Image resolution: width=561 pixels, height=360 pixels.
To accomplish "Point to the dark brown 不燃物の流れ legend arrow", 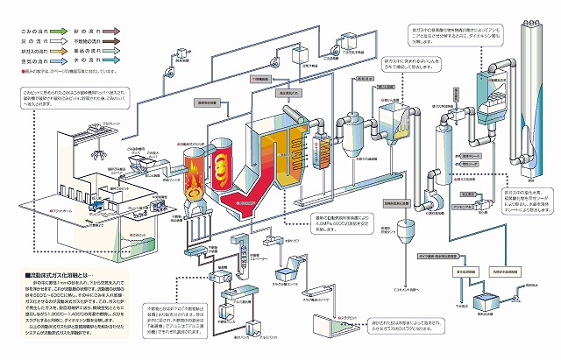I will pyautogui.click(x=107, y=29).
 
